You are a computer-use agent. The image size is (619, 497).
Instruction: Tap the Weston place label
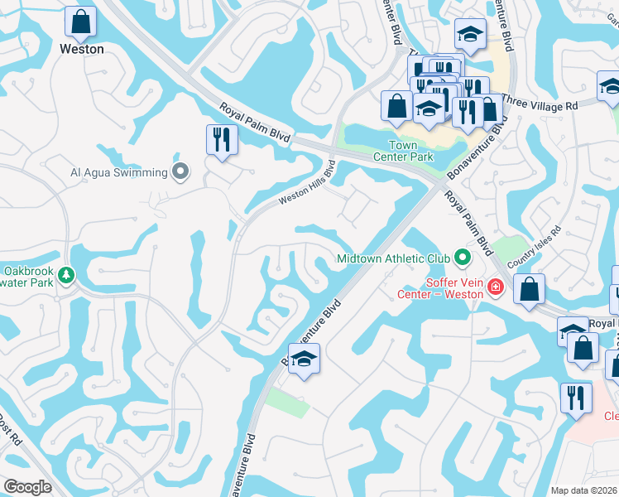click(82, 49)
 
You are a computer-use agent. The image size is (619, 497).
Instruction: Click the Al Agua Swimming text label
click(118, 173)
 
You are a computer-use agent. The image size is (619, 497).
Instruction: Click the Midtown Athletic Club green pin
click(463, 258)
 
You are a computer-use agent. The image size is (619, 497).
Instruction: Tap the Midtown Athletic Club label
click(395, 258)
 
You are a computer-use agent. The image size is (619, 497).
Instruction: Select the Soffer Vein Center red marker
click(495, 288)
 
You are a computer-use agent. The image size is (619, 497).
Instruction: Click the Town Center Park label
click(403, 151)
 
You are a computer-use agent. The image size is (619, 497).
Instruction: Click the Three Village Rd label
click(540, 106)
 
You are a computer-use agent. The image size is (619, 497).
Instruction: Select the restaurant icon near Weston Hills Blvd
click(221, 138)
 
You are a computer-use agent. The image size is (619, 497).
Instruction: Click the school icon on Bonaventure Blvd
click(304, 359)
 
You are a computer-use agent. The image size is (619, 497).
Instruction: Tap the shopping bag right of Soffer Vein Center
click(529, 289)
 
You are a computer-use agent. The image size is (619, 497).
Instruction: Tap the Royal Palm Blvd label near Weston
click(254, 123)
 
